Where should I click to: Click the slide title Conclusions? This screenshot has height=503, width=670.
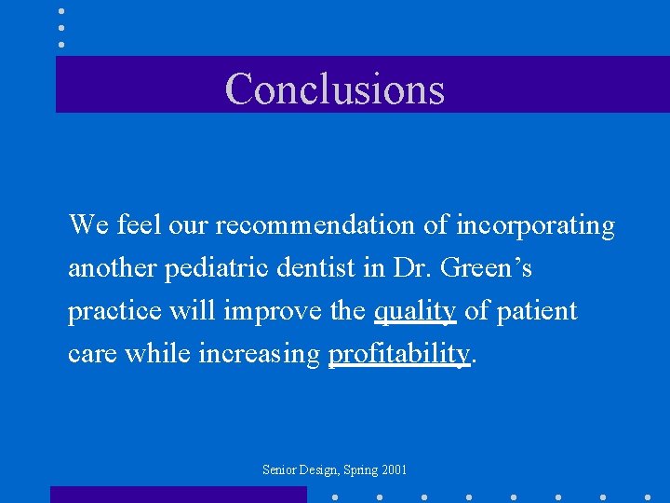pos(335,88)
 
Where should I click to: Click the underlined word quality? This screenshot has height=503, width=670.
pos(414,311)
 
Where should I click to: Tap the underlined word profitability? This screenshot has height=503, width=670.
pos(399,354)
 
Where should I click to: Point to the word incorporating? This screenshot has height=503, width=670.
pos(535,225)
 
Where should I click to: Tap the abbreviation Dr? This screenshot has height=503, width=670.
pos(410,268)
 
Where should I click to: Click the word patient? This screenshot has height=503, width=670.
pos(536,311)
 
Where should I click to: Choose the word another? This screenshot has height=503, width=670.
pos(112,268)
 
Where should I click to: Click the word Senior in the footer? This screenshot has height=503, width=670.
pos(280,470)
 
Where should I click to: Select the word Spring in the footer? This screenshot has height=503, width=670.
pos(358,470)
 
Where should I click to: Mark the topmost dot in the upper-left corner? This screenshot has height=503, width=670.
pos(61,11)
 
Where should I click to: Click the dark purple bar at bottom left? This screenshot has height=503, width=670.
pos(178,495)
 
